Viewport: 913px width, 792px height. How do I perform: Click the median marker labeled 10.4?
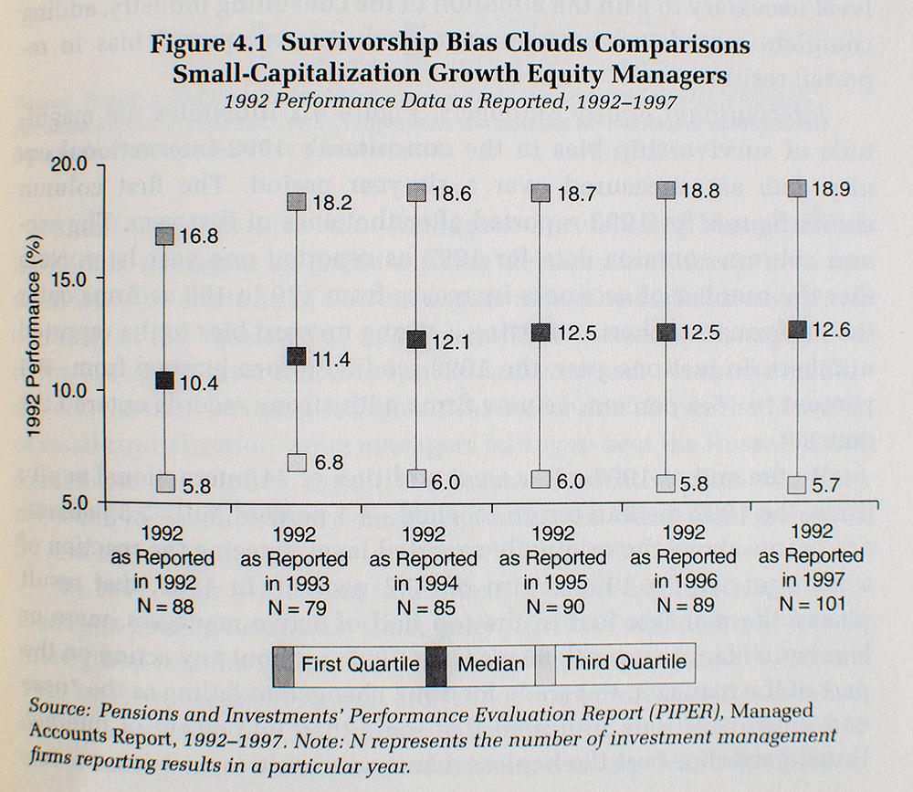[164, 381]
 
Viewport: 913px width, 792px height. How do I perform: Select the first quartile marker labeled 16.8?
[164, 236]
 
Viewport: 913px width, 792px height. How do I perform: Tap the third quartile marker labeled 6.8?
[297, 462]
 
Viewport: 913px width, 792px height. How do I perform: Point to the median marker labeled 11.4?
[297, 357]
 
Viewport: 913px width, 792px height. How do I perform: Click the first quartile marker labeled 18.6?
[416, 193]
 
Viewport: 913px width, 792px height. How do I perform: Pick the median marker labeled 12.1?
[416, 340]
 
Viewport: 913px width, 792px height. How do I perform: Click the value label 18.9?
[832, 188]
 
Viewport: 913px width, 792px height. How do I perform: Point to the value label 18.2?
[331, 200]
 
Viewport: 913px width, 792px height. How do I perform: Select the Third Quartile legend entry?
[624, 662]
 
